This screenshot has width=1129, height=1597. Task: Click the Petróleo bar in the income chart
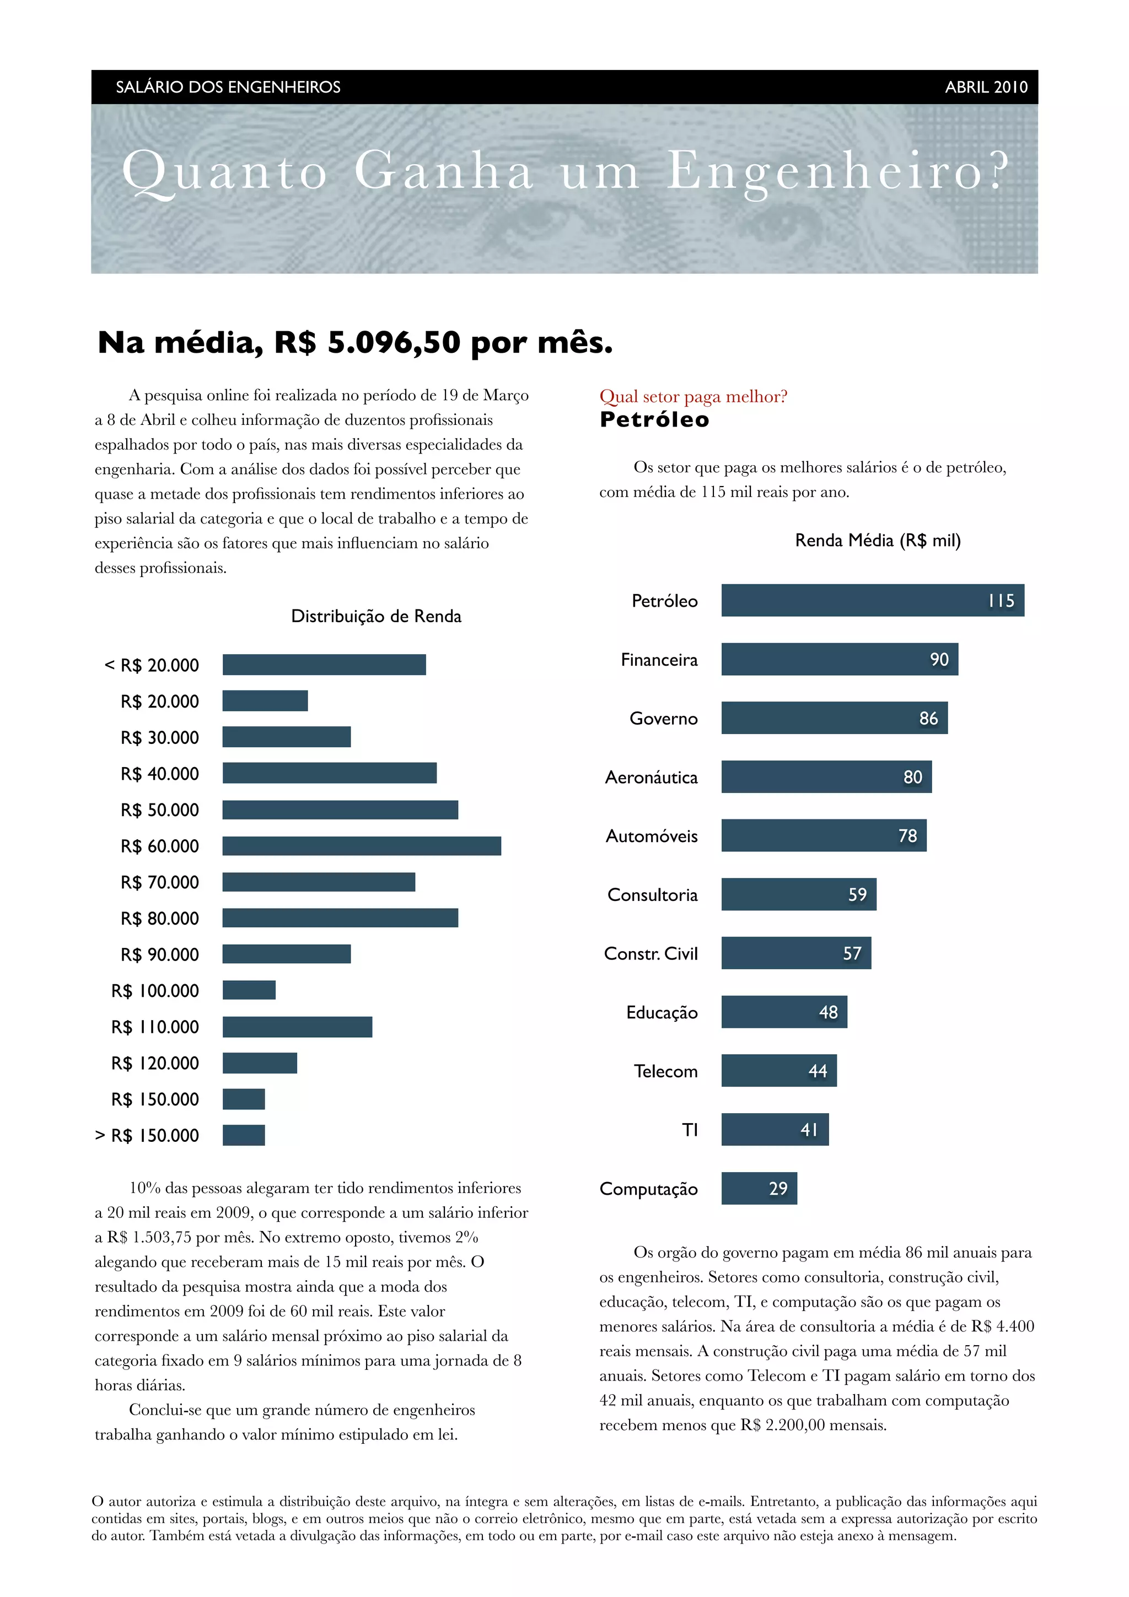tap(872, 600)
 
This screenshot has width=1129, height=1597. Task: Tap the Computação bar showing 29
tap(759, 1188)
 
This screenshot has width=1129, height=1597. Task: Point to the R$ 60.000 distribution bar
tap(361, 845)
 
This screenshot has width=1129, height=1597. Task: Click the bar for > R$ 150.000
tap(244, 1135)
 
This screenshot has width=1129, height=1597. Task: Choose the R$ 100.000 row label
tap(154, 990)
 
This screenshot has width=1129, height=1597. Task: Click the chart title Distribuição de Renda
tap(375, 616)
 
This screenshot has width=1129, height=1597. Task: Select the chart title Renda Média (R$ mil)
tap(877, 541)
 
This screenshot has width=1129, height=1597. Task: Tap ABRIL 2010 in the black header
tap(986, 87)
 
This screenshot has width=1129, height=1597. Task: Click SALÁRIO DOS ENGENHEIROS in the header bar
tap(228, 87)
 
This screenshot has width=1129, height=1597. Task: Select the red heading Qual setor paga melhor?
tap(693, 396)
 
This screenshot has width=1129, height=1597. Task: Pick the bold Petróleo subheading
tap(654, 419)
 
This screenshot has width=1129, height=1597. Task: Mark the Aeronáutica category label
tap(650, 777)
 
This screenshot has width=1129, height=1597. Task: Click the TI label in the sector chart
tap(690, 1130)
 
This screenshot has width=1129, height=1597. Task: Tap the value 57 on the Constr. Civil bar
tap(852, 953)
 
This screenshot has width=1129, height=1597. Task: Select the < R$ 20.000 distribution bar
tap(324, 664)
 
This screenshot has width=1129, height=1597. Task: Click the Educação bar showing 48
tap(784, 1011)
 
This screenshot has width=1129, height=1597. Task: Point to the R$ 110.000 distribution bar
tap(297, 1026)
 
